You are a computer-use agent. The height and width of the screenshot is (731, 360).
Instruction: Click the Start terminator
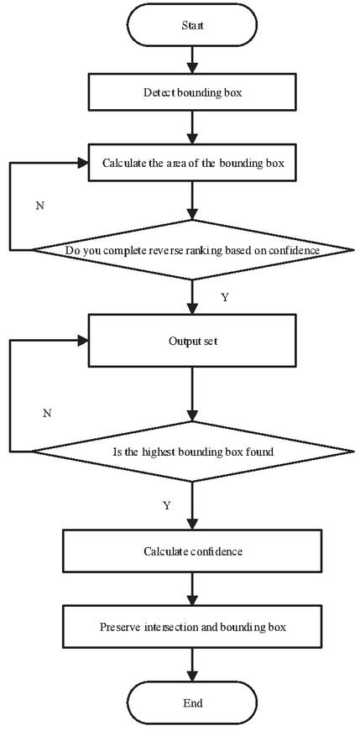(192, 26)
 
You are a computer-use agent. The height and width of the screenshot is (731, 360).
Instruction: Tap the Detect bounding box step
(192, 92)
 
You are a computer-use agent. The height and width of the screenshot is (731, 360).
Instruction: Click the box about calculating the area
(192, 163)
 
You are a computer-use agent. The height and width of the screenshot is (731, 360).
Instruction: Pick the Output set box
(192, 341)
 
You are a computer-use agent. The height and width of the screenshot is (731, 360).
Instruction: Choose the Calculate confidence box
(192, 551)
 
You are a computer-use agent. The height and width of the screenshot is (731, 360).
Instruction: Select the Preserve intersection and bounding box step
(192, 627)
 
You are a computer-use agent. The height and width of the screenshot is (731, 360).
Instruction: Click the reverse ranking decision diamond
(192, 250)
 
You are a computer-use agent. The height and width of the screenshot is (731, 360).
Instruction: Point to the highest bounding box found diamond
(192, 452)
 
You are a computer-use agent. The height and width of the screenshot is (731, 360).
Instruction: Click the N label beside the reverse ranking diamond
(40, 206)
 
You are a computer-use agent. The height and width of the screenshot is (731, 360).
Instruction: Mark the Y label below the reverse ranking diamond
(225, 297)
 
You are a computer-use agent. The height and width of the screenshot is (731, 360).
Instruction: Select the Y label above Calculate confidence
(166, 505)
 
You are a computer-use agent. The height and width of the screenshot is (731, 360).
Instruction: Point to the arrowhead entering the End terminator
(192, 677)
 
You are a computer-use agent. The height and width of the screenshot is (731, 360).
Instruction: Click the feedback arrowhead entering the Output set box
(83, 341)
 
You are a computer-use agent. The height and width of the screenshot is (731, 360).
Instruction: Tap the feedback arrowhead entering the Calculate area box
(83, 163)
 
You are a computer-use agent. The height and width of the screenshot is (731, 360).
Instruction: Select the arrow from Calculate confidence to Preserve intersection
(192, 589)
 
